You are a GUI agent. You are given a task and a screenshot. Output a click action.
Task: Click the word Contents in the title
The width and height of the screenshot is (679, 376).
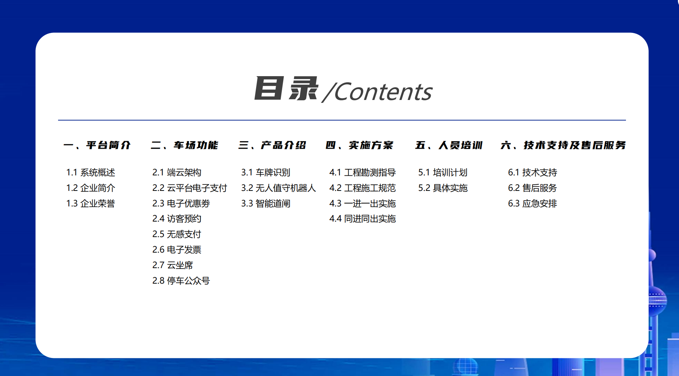pos(383,92)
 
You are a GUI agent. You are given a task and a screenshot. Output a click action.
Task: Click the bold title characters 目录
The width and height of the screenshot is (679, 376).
pos(286,88)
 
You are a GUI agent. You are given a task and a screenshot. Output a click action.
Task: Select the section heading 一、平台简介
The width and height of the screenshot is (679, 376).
pos(97,145)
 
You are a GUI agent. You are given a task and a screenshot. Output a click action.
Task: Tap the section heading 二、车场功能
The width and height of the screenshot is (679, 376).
pos(184,145)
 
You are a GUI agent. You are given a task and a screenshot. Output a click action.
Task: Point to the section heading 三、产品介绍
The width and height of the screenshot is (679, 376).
pos(272,145)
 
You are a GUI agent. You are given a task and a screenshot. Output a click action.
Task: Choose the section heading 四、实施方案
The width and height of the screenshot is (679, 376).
pos(359,145)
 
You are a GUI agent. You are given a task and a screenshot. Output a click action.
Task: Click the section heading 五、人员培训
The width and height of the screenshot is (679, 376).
pos(449,145)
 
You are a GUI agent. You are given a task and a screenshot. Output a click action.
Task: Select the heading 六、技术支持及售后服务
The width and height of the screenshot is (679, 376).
pos(563,145)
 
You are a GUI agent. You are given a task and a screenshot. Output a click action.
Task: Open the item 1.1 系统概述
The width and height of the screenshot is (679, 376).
pos(91,172)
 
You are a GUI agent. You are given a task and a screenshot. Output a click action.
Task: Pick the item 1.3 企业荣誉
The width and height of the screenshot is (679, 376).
pos(91,204)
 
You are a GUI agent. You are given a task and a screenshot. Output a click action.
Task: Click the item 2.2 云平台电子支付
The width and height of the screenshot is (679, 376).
pos(190,188)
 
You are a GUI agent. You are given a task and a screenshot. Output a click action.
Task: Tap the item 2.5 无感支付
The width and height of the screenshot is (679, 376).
pos(177,234)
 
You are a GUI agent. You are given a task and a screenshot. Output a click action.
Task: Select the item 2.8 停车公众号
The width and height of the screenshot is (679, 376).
pos(181,281)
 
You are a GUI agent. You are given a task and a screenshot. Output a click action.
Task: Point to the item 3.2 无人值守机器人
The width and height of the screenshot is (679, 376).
pos(279,188)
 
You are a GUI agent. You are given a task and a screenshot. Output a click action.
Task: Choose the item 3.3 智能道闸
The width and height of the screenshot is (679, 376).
pos(266,204)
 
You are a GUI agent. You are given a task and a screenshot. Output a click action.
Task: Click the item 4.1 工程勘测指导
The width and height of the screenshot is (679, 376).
pos(363,172)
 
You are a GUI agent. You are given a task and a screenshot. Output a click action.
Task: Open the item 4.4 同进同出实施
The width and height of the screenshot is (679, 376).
pos(363,219)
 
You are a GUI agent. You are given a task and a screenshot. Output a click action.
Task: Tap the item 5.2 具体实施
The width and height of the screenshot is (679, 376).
pos(443,188)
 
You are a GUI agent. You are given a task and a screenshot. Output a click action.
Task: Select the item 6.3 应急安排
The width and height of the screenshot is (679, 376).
pos(533,204)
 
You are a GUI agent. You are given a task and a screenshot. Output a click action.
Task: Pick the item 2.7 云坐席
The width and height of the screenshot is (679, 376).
pos(172,265)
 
